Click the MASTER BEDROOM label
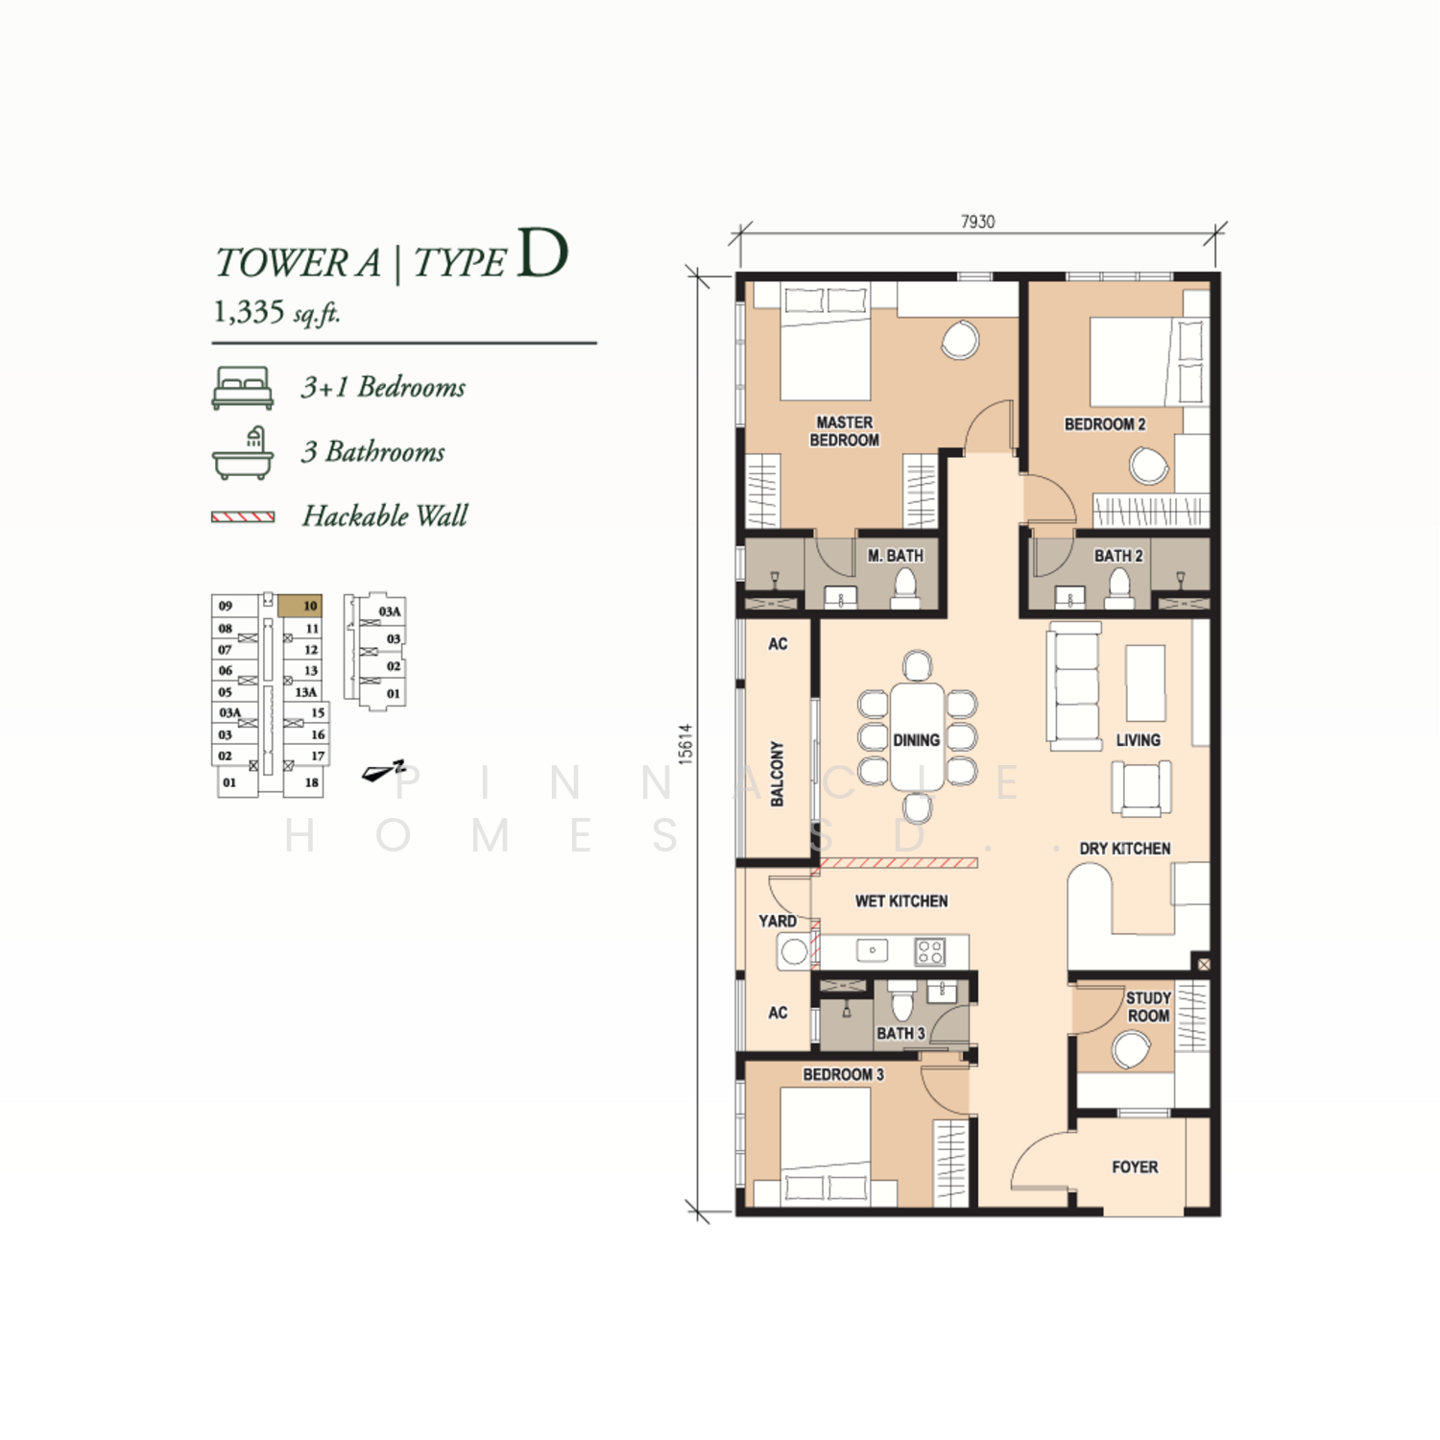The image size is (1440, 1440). (845, 431)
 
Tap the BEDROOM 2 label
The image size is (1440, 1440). (1105, 424)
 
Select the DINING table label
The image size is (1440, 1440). (916, 740)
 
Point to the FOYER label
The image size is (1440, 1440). (1135, 1167)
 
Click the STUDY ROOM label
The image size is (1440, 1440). (1148, 1007)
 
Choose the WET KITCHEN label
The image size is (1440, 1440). (901, 901)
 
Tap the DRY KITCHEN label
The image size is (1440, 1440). (1125, 849)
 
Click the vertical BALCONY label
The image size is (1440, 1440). (778, 773)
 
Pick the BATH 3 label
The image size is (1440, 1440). (900, 1034)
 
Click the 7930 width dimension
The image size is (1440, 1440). (978, 222)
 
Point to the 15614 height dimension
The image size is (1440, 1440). (684, 743)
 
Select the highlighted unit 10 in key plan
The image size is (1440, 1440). (300, 606)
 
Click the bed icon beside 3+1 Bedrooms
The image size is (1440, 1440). (243, 388)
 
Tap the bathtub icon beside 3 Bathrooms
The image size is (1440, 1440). (243, 453)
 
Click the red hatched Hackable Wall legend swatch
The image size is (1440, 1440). (243, 516)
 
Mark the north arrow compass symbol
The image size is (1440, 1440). (383, 771)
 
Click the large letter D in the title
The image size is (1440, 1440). (542, 253)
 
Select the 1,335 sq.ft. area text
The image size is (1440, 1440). (276, 312)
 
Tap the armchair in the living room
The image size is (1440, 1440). (1141, 787)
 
